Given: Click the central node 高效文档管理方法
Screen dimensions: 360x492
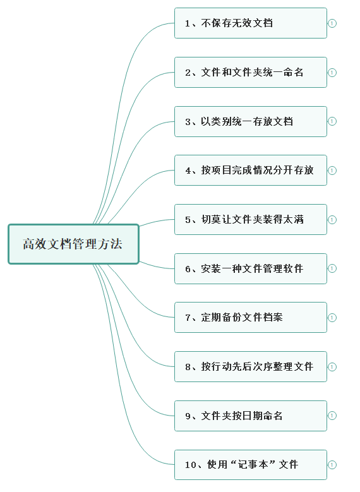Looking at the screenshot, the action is click(x=73, y=244).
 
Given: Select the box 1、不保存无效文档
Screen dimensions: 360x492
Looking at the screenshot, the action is click(x=251, y=23).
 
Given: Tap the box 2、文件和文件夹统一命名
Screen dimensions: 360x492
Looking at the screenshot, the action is click(x=251, y=73).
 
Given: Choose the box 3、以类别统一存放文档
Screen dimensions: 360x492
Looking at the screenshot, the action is click(x=251, y=121).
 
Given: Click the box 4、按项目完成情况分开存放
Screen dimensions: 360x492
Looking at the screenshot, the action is click(x=251, y=171).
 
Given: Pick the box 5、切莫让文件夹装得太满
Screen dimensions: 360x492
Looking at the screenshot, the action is click(x=251, y=220).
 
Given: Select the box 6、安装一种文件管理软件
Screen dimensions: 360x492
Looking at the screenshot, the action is click(x=251, y=268).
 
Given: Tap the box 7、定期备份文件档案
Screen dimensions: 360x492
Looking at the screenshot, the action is click(x=251, y=318).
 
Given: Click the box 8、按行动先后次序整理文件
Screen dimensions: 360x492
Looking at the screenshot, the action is click(x=251, y=367).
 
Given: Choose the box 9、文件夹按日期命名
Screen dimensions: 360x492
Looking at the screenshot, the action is click(x=251, y=416).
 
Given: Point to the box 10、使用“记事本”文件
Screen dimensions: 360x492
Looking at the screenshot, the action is click(x=251, y=465).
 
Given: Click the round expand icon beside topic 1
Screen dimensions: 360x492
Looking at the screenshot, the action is click(x=332, y=23).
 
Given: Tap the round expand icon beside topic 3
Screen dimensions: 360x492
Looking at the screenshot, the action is click(x=332, y=121).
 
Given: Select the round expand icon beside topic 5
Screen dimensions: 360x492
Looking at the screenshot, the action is click(x=332, y=220).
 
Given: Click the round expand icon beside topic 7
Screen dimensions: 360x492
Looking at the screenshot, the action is click(x=332, y=318).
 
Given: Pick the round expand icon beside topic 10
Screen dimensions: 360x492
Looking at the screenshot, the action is click(x=332, y=465).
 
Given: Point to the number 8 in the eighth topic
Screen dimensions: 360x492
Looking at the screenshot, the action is click(x=188, y=367).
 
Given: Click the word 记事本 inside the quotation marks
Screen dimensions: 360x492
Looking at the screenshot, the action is click(x=253, y=464).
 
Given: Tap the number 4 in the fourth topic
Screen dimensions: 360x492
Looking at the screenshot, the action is click(x=188, y=171).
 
